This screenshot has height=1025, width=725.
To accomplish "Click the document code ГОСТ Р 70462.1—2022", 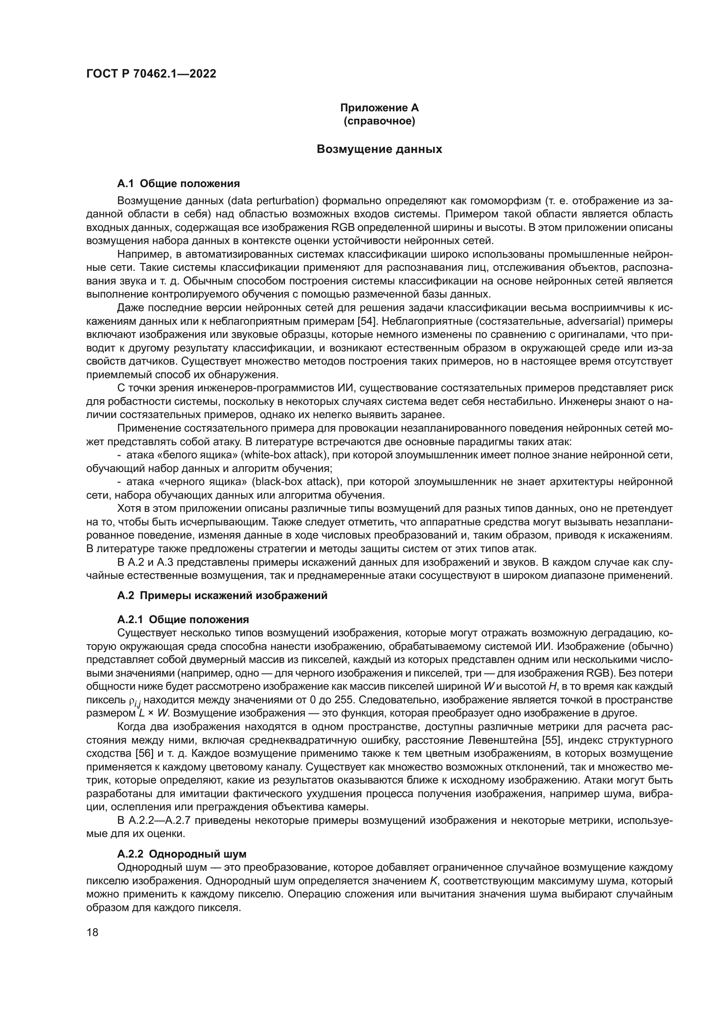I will pyautogui.click(x=151, y=74).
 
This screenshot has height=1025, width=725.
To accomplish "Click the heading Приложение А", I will pyautogui.click(x=380, y=108).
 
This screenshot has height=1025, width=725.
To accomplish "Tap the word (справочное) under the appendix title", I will pyautogui.click(x=380, y=121).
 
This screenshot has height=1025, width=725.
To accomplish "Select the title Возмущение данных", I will pyautogui.click(x=380, y=149).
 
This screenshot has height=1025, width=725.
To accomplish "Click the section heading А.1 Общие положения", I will pyautogui.click(x=178, y=184).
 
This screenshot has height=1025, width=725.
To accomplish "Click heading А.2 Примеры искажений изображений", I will pyautogui.click(x=222, y=596).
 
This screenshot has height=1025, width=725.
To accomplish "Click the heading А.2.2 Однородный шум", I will pyautogui.click(x=182, y=854).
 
